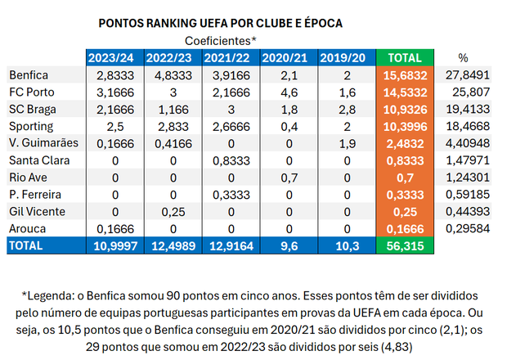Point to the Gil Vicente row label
34,212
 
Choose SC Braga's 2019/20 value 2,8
347,110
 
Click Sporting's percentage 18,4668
463,127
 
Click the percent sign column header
463,58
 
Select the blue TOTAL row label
28,245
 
